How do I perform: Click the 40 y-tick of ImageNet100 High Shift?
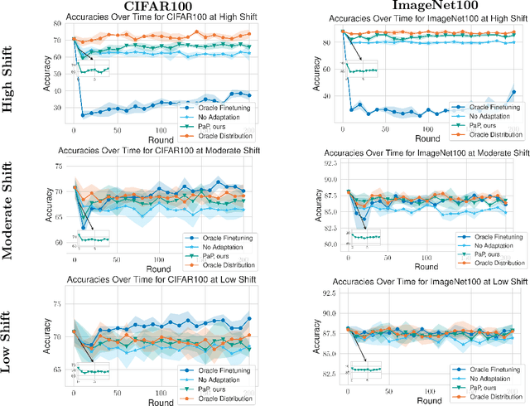[x=326, y=96]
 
